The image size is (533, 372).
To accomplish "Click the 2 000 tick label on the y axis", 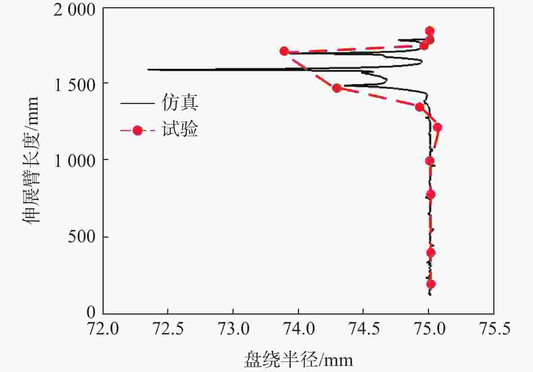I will (74, 10).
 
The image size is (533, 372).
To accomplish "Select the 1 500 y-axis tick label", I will (74, 85).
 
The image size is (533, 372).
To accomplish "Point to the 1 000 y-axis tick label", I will (74, 161).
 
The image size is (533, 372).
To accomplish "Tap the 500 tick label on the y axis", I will (82, 237).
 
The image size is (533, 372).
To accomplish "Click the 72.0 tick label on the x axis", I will (103, 329).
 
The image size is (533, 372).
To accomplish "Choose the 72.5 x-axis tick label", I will (168, 329).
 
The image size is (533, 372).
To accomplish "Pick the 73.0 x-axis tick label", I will (233, 329).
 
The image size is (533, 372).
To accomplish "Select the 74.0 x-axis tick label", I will (298, 329).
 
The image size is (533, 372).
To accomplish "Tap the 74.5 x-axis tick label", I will (363, 329).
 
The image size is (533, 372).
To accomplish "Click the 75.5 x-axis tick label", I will (494, 329).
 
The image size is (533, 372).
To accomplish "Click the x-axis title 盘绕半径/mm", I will (298, 360).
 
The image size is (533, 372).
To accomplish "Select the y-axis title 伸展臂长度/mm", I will (31, 160).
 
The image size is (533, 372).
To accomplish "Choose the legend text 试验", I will (180, 129).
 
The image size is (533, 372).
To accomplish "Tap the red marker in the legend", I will (137, 130).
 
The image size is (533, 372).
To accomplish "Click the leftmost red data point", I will (284, 51).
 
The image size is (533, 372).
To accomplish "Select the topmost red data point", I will (429, 31).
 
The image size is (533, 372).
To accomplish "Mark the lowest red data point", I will (430, 284).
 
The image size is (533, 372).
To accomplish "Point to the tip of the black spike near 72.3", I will (148, 69).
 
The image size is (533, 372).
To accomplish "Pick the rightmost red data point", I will (437, 127).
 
